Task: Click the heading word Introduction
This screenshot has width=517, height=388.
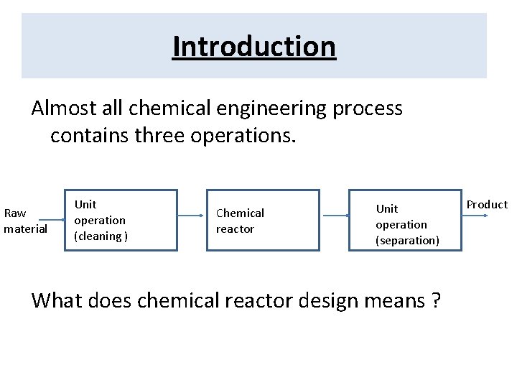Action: point(254,47)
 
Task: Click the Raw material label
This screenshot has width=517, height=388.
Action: point(25,221)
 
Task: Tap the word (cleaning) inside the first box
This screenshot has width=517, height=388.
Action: point(101,236)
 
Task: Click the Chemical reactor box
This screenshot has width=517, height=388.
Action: point(263,220)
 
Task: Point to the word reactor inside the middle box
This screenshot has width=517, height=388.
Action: point(235,229)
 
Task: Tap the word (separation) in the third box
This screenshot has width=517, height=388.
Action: point(407,241)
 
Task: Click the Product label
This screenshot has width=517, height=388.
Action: point(487,205)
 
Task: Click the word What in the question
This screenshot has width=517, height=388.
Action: point(57,300)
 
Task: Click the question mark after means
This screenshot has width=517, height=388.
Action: point(437,300)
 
